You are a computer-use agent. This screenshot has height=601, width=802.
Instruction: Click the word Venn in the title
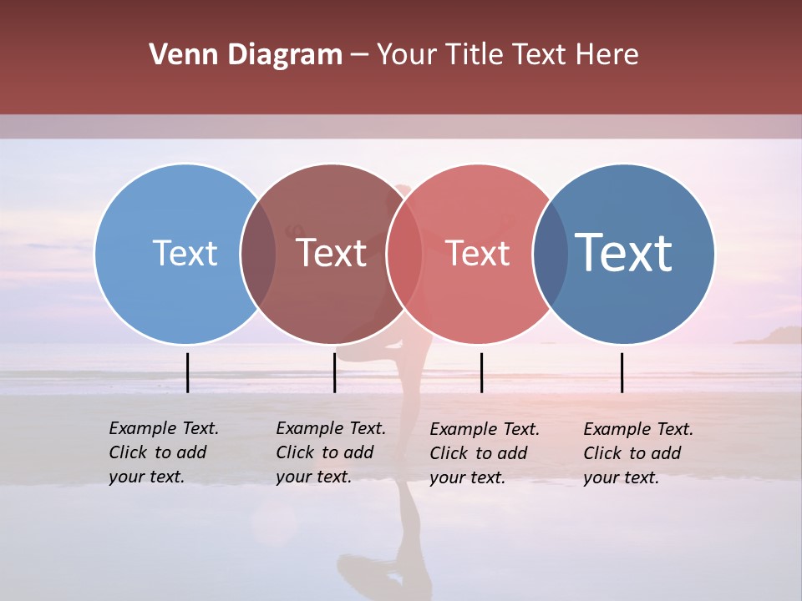pyautogui.click(x=176, y=55)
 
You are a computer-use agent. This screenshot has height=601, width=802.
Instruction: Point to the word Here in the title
pyautogui.click(x=607, y=55)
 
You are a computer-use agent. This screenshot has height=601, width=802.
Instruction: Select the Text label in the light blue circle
pyautogui.click(x=185, y=253)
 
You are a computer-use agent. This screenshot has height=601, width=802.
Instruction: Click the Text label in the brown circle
pyautogui.click(x=332, y=253)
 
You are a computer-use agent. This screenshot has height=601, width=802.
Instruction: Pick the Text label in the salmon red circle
pyautogui.click(x=478, y=253)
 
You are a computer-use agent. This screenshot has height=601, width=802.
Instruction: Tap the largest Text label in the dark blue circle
pyautogui.click(x=624, y=252)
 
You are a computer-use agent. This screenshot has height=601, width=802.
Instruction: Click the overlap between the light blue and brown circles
pyautogui.click(x=258, y=253)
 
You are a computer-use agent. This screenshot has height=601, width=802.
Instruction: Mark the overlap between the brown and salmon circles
pyautogui.click(x=404, y=253)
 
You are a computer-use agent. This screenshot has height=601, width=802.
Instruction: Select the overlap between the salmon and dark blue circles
pyautogui.click(x=551, y=253)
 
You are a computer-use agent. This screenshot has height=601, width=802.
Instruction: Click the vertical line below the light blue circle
pyautogui.click(x=188, y=372)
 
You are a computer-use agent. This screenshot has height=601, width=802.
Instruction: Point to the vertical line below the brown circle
pyautogui.click(x=334, y=372)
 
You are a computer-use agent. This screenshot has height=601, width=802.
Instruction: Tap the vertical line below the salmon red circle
pyautogui.click(x=482, y=372)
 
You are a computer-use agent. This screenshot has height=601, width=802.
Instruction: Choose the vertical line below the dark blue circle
pyautogui.click(x=622, y=372)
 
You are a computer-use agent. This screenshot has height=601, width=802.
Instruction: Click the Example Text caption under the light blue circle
pyautogui.click(x=163, y=452)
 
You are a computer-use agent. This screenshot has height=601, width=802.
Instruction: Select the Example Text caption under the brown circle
pyautogui.click(x=330, y=452)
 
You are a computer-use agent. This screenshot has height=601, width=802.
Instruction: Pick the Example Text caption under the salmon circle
pyautogui.click(x=484, y=453)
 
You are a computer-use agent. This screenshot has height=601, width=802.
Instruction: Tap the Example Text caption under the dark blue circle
pyautogui.click(x=637, y=453)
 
